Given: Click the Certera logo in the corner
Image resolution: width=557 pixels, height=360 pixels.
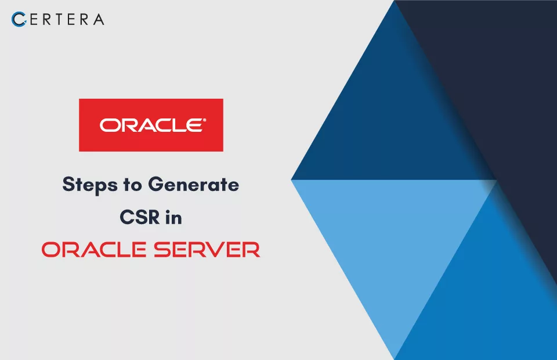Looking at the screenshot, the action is pos(57,19).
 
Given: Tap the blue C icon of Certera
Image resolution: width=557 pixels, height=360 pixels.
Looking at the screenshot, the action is pos(19,19).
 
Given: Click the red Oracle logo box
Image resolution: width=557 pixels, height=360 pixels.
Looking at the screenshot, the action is pos(151,125).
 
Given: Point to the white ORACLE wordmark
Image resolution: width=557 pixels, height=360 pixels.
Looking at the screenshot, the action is pos(152,125).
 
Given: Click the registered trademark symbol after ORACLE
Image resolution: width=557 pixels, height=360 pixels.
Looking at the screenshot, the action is pos(204,120).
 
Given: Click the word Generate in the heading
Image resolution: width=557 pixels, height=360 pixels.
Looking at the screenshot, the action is pos(194,185).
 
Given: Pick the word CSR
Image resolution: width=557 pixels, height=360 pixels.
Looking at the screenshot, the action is pos(140,217).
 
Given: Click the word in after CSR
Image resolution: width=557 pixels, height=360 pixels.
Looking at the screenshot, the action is pos(173,217).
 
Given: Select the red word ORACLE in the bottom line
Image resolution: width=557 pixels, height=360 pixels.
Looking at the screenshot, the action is pos(94,249).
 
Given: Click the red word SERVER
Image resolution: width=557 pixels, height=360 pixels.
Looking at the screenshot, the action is pos(207,249).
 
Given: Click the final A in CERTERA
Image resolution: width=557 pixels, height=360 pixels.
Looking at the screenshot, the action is pos(99,20).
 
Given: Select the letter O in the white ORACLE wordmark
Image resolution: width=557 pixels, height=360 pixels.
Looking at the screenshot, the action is pos(108,125).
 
